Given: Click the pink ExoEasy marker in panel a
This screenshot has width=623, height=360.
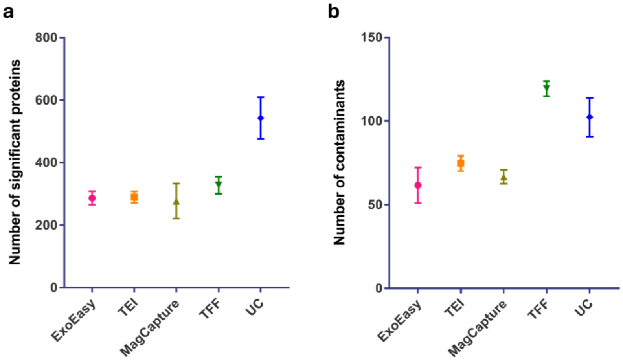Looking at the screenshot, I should pyautogui.click(x=92, y=198).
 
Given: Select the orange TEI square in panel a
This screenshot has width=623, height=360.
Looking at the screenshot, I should pyautogui.click(x=134, y=197).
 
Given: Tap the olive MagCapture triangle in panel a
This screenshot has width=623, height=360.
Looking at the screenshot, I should pyautogui.click(x=176, y=202).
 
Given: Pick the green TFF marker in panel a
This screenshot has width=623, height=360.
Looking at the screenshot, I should pyautogui.click(x=219, y=184).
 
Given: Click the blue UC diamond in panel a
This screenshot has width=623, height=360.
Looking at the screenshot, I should pyautogui.click(x=261, y=118).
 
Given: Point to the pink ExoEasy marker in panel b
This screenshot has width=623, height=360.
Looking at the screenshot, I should pyautogui.click(x=418, y=185).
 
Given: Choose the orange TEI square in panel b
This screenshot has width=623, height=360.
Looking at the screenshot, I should pyautogui.click(x=461, y=163).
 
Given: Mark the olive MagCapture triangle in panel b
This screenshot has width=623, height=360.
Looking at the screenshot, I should pyautogui.click(x=504, y=177).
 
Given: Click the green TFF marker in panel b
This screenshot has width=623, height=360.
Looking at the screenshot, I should pyautogui.click(x=546, y=88).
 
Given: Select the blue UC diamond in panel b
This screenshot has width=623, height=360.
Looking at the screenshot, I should pyautogui.click(x=589, y=117).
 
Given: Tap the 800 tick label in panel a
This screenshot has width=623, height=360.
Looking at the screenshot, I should pyautogui.click(x=46, y=38).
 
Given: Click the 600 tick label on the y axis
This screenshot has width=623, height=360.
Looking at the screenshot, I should pyautogui.click(x=46, y=100).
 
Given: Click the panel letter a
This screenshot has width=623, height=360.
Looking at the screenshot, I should pyautogui.click(x=8, y=12).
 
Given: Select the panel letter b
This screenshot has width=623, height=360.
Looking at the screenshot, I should pyautogui.click(x=333, y=12).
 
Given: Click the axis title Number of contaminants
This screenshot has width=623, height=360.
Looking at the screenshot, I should pyautogui.click(x=339, y=162).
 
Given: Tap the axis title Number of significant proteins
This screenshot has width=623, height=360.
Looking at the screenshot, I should pyautogui.click(x=15, y=162).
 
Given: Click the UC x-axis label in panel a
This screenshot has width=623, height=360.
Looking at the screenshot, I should pyautogui.click(x=254, y=307).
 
